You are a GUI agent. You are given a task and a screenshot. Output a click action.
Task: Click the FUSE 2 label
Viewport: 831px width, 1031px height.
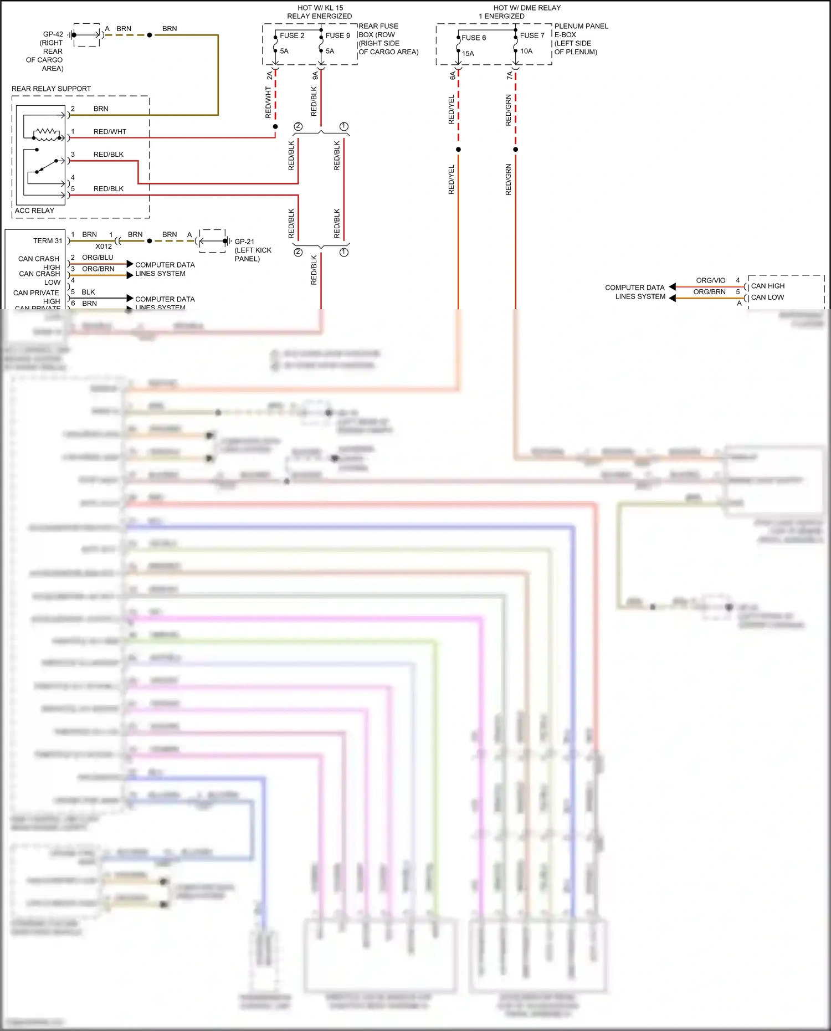[x=292, y=35]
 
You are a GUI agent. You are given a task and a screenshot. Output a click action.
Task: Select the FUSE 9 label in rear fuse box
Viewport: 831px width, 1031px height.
[x=337, y=35]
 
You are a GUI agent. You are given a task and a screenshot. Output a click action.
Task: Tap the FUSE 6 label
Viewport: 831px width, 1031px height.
[x=474, y=38]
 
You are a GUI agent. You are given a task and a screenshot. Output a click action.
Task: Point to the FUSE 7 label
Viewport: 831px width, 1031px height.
[x=532, y=35]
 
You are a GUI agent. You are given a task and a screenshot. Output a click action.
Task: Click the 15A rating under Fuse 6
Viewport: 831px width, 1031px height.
[x=468, y=54]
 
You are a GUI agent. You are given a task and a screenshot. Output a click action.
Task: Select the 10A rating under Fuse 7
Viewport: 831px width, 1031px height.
[x=526, y=51]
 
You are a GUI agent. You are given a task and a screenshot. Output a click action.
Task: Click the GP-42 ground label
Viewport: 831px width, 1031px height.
[x=53, y=34]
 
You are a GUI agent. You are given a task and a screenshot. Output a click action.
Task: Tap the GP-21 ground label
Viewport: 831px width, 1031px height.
[x=244, y=242]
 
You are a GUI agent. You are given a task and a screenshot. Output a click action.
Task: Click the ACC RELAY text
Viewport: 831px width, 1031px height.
[x=34, y=211]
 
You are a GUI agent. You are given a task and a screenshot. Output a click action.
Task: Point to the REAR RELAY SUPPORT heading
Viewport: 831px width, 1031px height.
[x=51, y=89]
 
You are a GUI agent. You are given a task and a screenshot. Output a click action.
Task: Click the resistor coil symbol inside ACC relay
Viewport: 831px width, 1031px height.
[x=47, y=132]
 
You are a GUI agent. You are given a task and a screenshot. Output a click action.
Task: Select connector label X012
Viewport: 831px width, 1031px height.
[x=104, y=247]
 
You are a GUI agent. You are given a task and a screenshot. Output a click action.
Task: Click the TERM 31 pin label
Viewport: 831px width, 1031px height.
[x=48, y=241]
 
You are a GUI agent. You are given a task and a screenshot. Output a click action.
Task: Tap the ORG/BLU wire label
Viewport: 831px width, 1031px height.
[x=98, y=258]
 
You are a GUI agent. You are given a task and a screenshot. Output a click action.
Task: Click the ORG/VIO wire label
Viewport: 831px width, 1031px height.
[x=710, y=280]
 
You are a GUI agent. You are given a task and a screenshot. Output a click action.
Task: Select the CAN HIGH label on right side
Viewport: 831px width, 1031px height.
[x=767, y=286]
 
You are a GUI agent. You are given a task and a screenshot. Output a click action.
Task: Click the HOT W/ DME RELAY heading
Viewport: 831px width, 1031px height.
[x=527, y=8]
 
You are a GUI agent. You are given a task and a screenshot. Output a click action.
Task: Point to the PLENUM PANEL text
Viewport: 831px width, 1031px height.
[x=581, y=26]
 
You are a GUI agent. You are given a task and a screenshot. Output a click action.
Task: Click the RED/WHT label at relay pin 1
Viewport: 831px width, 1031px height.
[x=110, y=132]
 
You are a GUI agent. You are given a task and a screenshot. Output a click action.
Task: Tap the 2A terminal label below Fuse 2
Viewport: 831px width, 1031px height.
[x=270, y=75]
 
